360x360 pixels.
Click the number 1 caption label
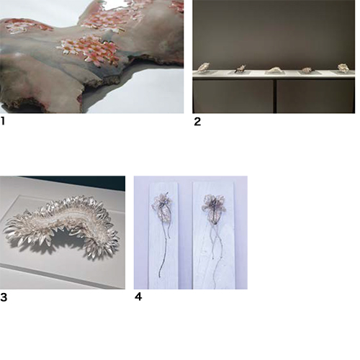[3, 121]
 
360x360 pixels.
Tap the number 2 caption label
[197, 122]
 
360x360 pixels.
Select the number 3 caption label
[4, 297]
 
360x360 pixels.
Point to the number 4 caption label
[138, 297]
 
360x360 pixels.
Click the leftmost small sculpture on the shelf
[203, 67]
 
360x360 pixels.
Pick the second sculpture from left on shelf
[240, 68]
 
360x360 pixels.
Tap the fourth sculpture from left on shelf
[307, 70]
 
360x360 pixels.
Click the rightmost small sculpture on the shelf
[343, 68]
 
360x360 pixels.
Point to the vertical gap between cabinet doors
[275, 96]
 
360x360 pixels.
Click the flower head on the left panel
[161, 204]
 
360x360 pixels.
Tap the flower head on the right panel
[215, 208]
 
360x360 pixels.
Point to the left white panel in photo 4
[163, 235]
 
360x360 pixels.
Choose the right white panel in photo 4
[214, 235]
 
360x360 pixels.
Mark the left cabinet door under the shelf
[233, 96]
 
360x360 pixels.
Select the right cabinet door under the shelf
[315, 96]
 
